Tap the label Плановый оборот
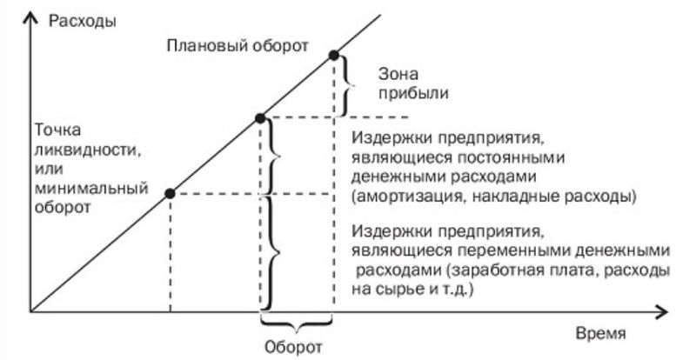[238, 44]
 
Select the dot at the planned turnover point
[333, 56]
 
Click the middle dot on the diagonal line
[260, 117]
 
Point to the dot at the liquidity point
[170, 193]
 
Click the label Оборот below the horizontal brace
[293, 346]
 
